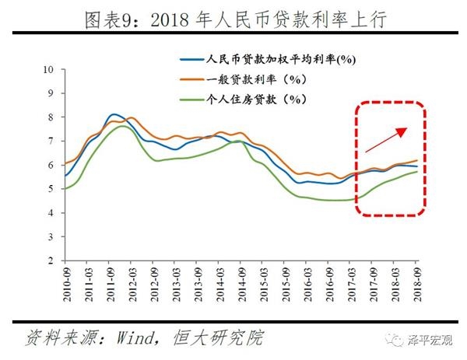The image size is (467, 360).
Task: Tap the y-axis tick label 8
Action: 50,117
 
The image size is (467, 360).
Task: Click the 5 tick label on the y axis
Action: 50,189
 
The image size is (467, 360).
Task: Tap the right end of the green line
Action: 417,171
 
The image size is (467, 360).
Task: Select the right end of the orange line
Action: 417,159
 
